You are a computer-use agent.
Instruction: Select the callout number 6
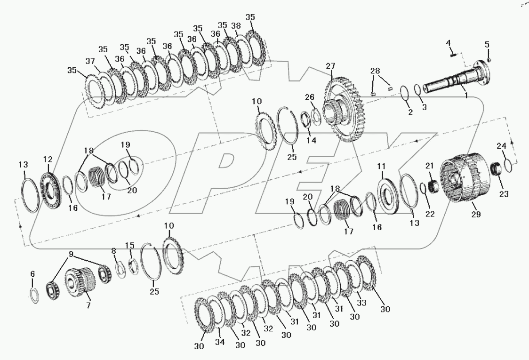pyautogui.click(x=32, y=273)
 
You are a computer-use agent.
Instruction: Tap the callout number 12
pyautogui.click(x=48, y=160)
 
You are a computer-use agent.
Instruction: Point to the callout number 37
pyautogui.click(x=90, y=61)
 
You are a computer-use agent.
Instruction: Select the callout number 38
pyautogui.click(x=236, y=26)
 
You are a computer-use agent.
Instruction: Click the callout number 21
pyautogui.click(x=429, y=165)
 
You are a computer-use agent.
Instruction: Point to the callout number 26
pyautogui.click(x=309, y=97)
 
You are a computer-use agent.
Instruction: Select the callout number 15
pyautogui.click(x=129, y=245)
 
